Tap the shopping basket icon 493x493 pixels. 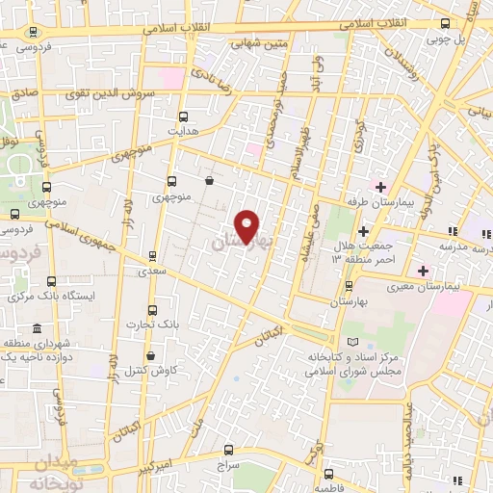click(210, 180)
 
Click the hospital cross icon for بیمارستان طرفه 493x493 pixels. click(380, 186)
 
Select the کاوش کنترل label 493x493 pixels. click(144, 372)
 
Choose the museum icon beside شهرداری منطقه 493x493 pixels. click(38, 327)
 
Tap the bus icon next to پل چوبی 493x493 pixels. click(446, 24)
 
